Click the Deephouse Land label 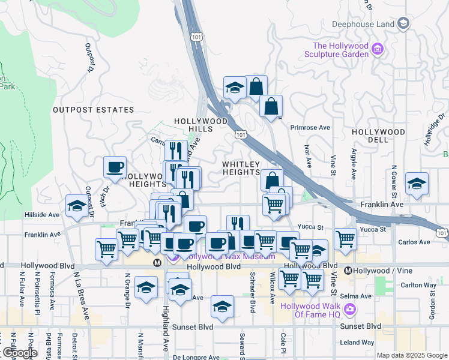(363, 24)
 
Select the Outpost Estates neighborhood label (93, 110)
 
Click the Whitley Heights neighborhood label (242, 168)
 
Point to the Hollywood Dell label (379, 136)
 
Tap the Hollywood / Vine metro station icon (348, 271)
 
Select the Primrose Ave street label (310, 128)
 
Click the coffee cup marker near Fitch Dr (115, 168)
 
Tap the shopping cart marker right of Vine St (345, 239)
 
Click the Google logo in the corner (20, 352)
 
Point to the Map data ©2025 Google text (412, 355)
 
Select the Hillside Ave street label (42, 215)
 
